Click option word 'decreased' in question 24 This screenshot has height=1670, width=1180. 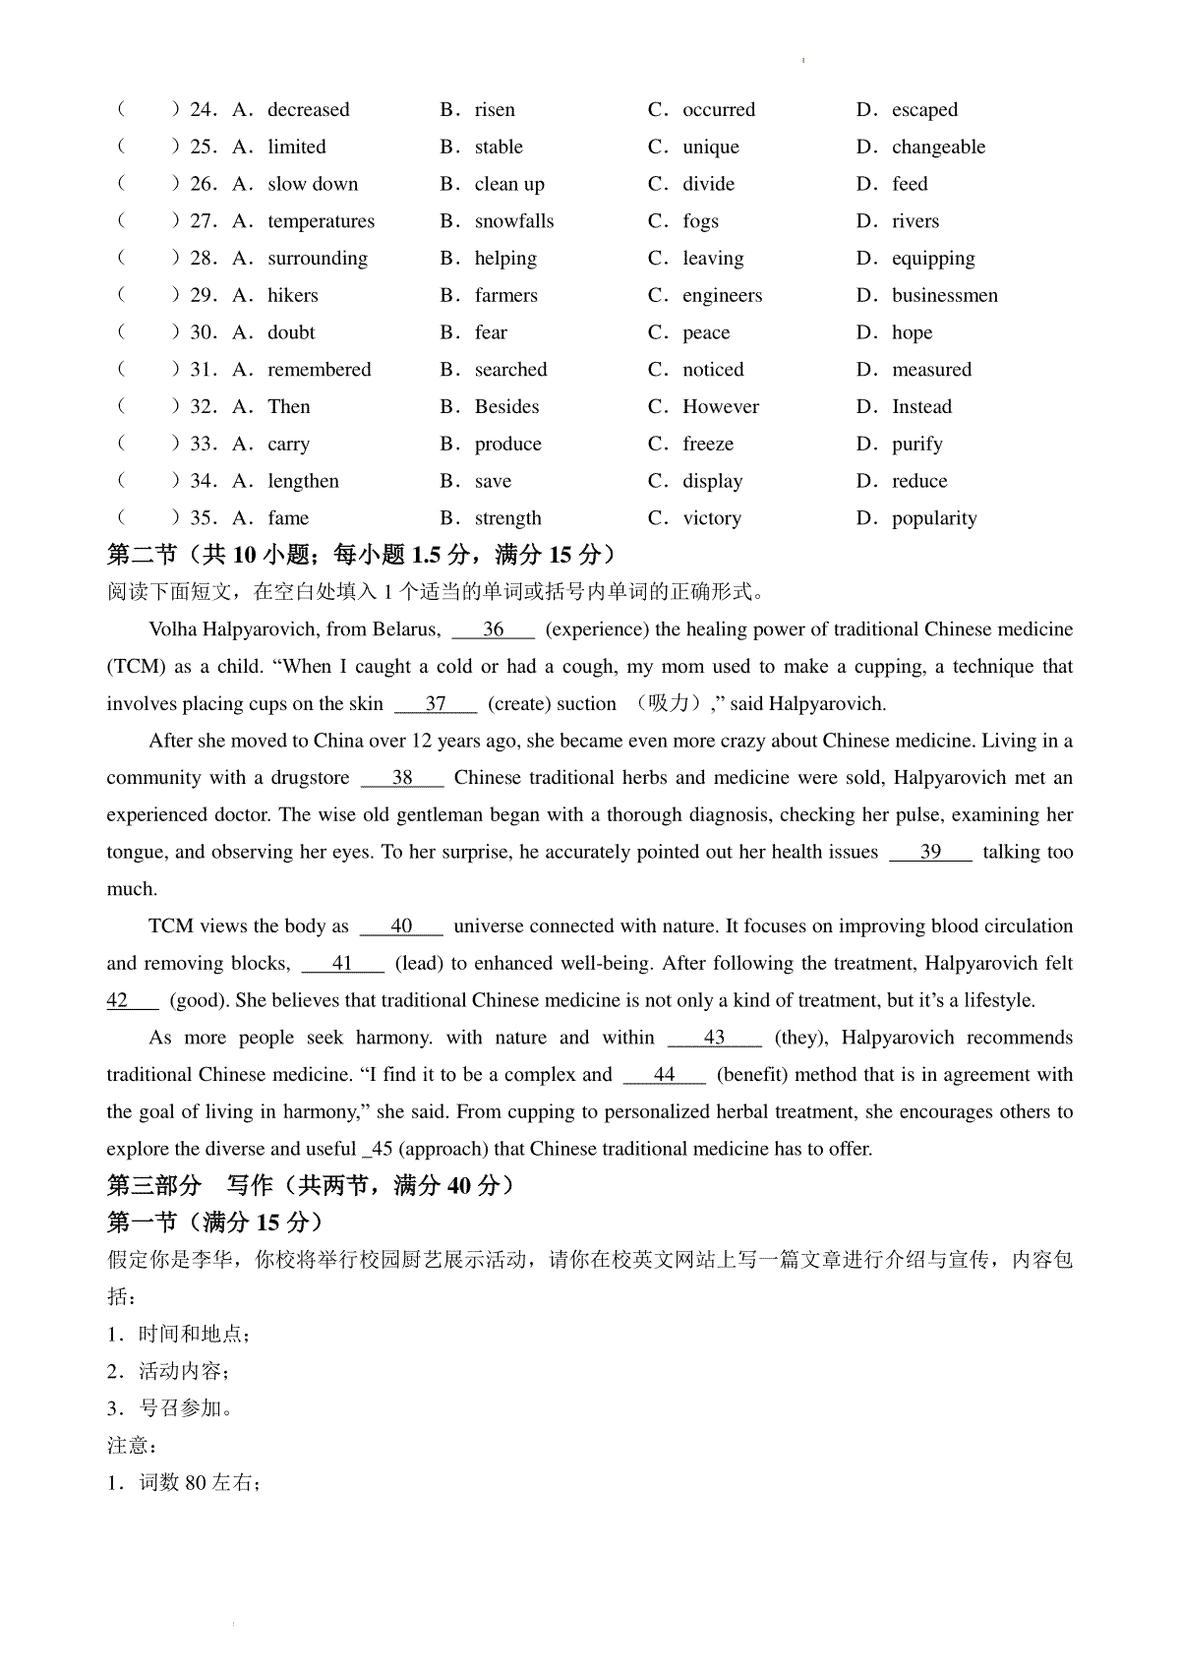pos(308,109)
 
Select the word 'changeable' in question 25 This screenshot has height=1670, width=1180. pos(938,147)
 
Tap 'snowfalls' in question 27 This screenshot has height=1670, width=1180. pos(513,221)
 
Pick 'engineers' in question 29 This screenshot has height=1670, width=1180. pos(722,295)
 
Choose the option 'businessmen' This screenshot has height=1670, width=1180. pos(944,295)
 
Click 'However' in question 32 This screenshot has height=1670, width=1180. pos(721,406)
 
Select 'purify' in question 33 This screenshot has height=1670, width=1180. pos(916,444)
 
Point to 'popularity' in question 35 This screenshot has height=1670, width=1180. pos(934,518)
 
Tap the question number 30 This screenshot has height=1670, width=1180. pos(203,332)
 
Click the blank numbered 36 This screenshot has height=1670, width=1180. pos(493,629)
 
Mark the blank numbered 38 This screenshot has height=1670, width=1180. pos(402,778)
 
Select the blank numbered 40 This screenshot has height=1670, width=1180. pos(401,926)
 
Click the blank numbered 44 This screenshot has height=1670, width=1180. pos(665,1075)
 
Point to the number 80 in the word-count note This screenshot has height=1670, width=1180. pos(196,1483)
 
